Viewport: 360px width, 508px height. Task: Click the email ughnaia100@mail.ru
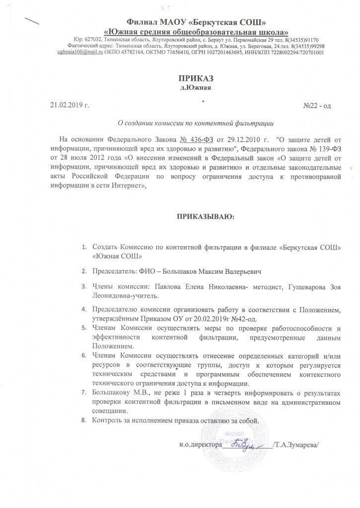[x=81, y=52]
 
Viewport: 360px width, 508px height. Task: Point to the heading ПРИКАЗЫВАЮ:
[x=205, y=217]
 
